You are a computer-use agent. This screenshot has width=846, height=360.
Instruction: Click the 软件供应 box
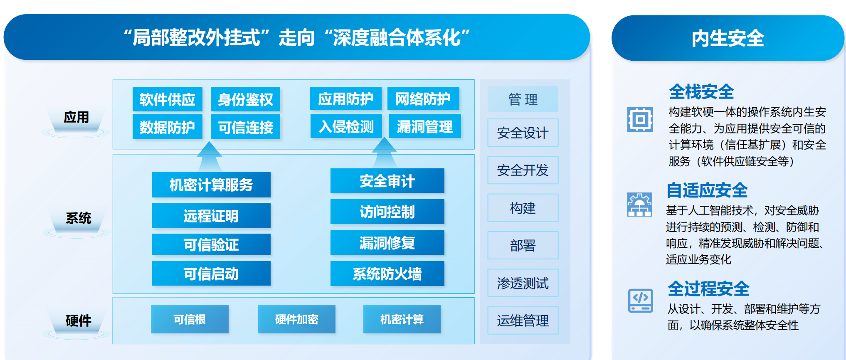168,99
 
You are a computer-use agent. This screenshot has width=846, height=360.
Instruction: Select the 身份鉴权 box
245,99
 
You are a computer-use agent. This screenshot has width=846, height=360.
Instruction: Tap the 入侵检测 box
346,126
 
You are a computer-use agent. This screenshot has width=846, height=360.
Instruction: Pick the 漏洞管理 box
424,126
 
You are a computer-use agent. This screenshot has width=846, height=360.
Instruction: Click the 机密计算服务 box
211,185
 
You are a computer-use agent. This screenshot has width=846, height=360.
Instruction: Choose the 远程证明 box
211,216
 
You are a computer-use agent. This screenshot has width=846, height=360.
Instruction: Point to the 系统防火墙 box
387,274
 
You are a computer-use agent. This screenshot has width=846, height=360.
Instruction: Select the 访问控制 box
387,212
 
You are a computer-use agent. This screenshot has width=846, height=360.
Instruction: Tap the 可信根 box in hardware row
190,319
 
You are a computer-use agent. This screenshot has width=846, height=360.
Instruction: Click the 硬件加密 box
296,319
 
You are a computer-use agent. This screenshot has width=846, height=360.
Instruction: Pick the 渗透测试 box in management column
523,283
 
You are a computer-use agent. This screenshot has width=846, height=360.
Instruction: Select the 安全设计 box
523,133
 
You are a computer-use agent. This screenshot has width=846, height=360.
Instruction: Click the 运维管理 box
523,321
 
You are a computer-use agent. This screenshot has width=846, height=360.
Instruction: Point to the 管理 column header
523,99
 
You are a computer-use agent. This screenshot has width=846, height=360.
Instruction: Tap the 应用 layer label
76,117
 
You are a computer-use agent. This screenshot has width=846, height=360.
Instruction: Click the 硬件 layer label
78,321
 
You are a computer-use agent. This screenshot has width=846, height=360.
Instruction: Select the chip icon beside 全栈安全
640,119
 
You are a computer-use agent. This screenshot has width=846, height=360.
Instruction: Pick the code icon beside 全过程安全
641,301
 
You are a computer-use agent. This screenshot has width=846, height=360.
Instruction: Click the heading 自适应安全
707,190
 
